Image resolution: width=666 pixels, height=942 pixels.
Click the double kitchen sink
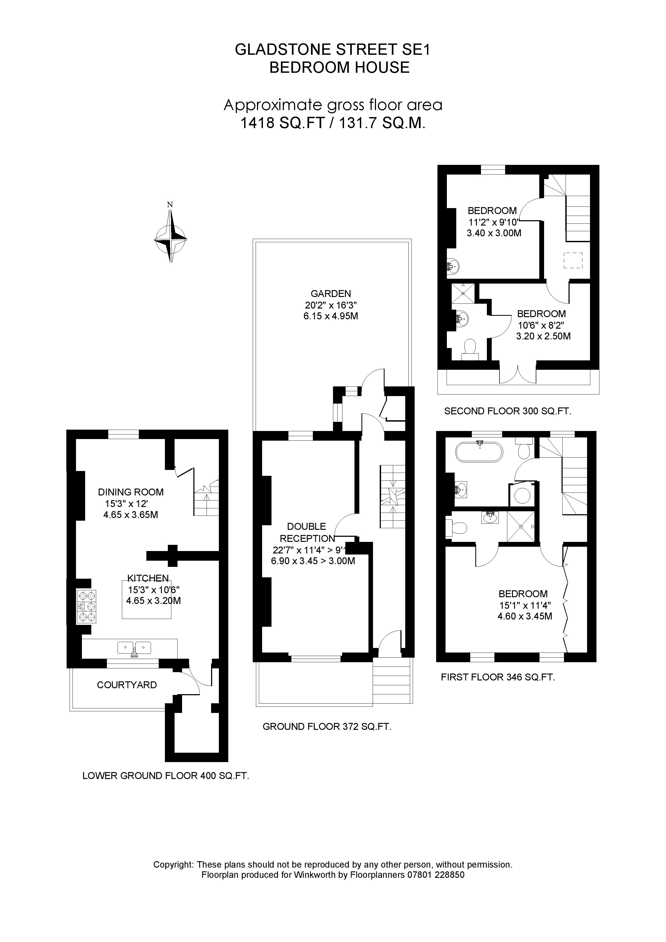click(134, 648)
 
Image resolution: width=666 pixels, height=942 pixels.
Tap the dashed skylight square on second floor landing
click(573, 260)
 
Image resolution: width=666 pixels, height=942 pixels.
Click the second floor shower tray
click(463, 293)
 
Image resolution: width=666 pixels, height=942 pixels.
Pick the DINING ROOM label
click(131, 492)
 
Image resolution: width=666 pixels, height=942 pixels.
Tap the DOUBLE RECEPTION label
click(306, 532)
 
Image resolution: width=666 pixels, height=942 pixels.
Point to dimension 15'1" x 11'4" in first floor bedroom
click(524, 605)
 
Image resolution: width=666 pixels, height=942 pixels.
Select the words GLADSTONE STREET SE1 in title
click(333, 50)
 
